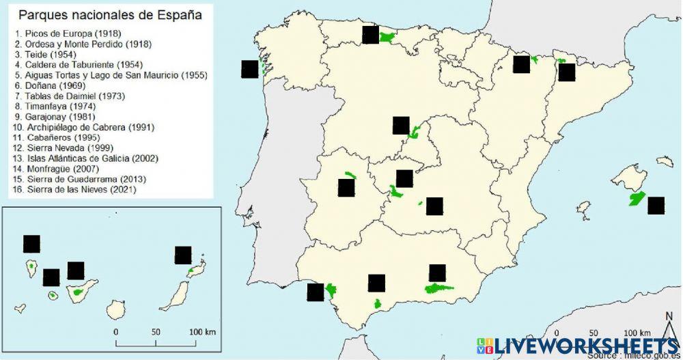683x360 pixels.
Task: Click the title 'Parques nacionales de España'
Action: point(109,14)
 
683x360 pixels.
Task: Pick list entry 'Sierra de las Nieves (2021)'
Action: point(74,189)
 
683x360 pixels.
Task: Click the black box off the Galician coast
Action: point(250,69)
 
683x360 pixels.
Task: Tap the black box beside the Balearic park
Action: point(656,206)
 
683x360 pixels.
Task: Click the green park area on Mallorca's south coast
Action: point(637,199)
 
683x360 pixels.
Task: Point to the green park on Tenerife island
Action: point(79,293)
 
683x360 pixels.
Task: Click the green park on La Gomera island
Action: point(53,296)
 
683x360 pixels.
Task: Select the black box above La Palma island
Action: point(32,244)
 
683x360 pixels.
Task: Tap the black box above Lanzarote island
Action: point(183,255)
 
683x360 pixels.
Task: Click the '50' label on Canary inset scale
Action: point(155,331)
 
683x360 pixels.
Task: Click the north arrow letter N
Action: point(669,316)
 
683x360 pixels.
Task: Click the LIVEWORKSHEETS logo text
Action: point(581,345)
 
